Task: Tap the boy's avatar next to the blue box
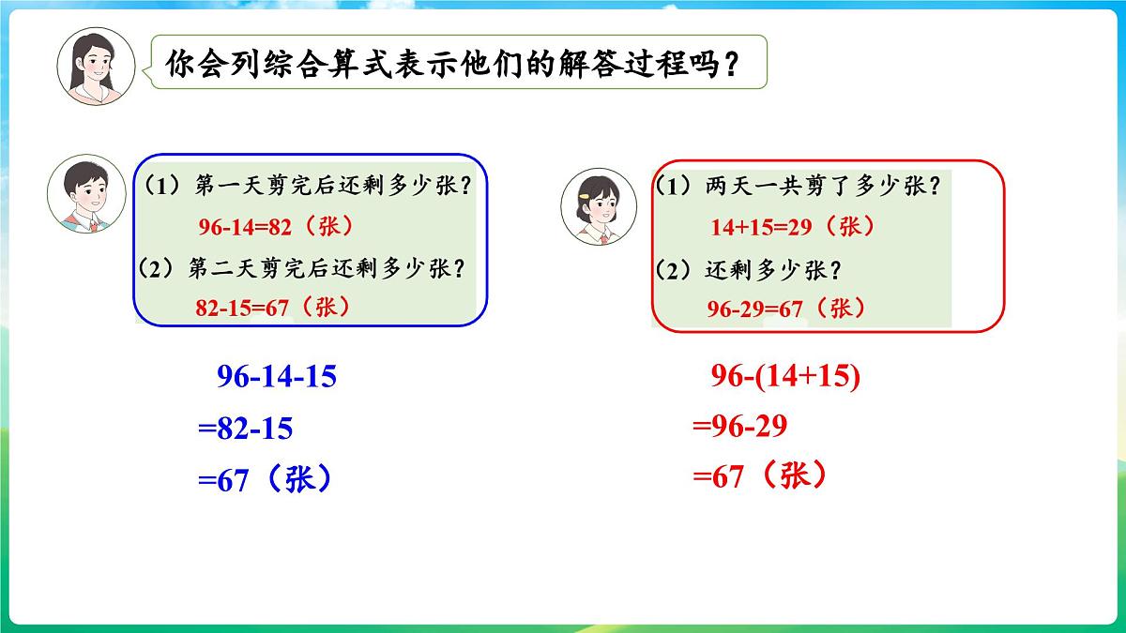85,195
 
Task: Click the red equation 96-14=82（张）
278,227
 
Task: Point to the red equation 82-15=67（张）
273,307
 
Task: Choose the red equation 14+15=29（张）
793,227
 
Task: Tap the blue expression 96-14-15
276,377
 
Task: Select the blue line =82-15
245,429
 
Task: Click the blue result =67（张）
266,480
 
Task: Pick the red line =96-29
739,427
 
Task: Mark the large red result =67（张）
760,477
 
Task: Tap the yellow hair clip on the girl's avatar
584,197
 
